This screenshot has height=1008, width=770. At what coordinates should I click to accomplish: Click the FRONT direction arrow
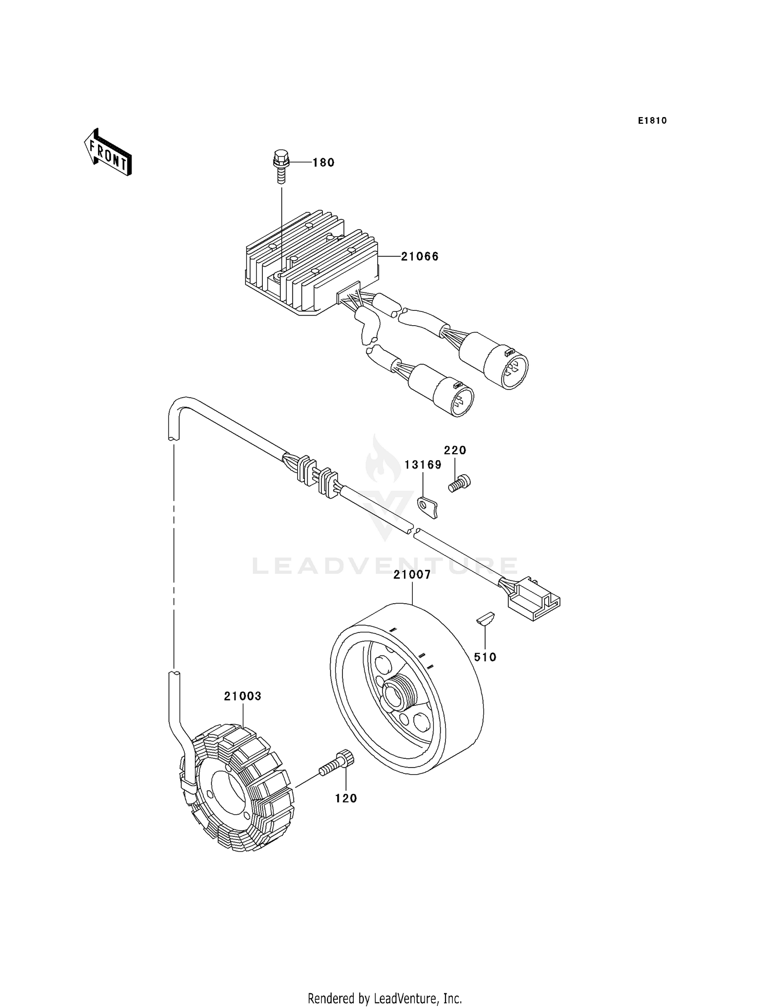coord(108,153)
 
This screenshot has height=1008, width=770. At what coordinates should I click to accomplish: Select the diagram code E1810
coord(652,121)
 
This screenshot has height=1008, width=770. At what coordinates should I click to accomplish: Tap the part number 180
coord(323,163)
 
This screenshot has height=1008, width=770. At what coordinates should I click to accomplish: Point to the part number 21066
coord(419,256)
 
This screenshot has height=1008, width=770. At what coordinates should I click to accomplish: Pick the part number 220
coord(455,451)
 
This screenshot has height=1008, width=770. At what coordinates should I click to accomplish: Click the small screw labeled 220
coord(459,483)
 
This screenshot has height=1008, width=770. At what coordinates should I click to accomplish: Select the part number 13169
coord(422,465)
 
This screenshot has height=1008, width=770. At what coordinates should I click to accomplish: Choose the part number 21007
coord(412,575)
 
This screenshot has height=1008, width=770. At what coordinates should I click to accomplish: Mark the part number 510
coord(485,657)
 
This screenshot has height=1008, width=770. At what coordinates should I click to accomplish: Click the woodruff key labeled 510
coord(485,618)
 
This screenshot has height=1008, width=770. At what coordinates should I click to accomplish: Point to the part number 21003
coord(242,696)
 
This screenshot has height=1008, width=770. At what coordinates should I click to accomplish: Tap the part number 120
coord(346,798)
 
